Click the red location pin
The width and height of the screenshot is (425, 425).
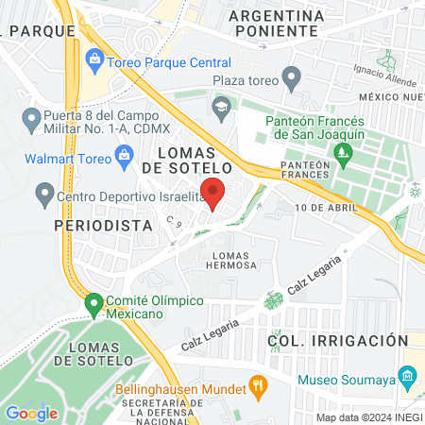coord(213,192)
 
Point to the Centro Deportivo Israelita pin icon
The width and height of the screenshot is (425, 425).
coord(43,196)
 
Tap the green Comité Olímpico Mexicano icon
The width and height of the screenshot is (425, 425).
coord(93,305)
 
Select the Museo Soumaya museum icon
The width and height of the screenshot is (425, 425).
coord(408,375)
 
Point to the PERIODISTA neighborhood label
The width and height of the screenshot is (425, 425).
coord(91,227)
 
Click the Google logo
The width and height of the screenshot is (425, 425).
coord(31,413)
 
